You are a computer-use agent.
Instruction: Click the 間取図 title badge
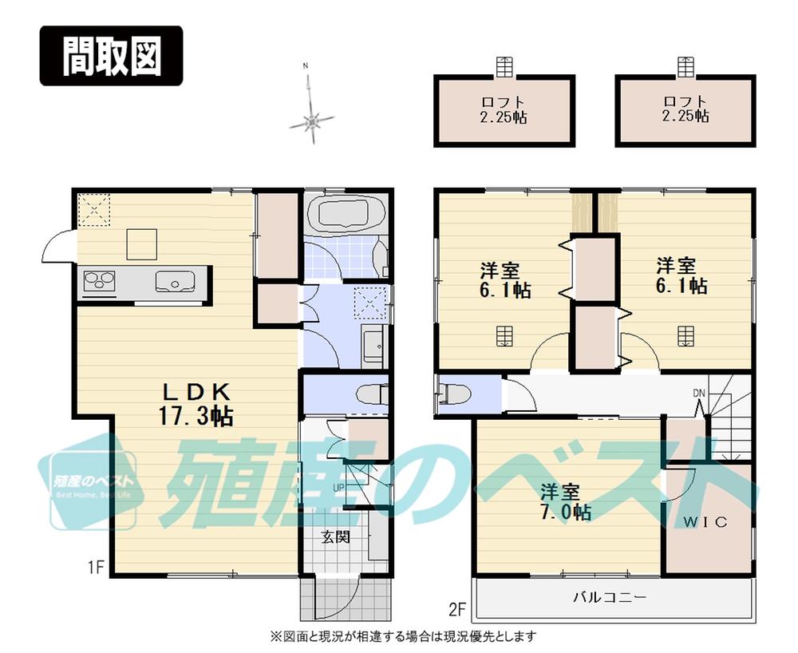click(111, 56)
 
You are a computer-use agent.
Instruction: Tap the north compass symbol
click(312, 121)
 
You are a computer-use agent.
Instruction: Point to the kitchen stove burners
click(99, 281)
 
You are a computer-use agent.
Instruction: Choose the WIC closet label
click(705, 522)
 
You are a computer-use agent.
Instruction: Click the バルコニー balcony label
click(610, 596)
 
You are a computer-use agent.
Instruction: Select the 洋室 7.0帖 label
click(566, 502)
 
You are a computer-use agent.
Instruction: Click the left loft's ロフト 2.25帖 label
click(504, 109)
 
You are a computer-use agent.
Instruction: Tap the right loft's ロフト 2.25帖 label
click(685, 109)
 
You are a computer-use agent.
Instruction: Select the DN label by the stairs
click(699, 393)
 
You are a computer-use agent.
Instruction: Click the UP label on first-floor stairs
click(338, 487)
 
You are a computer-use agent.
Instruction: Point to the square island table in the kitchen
click(141, 242)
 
